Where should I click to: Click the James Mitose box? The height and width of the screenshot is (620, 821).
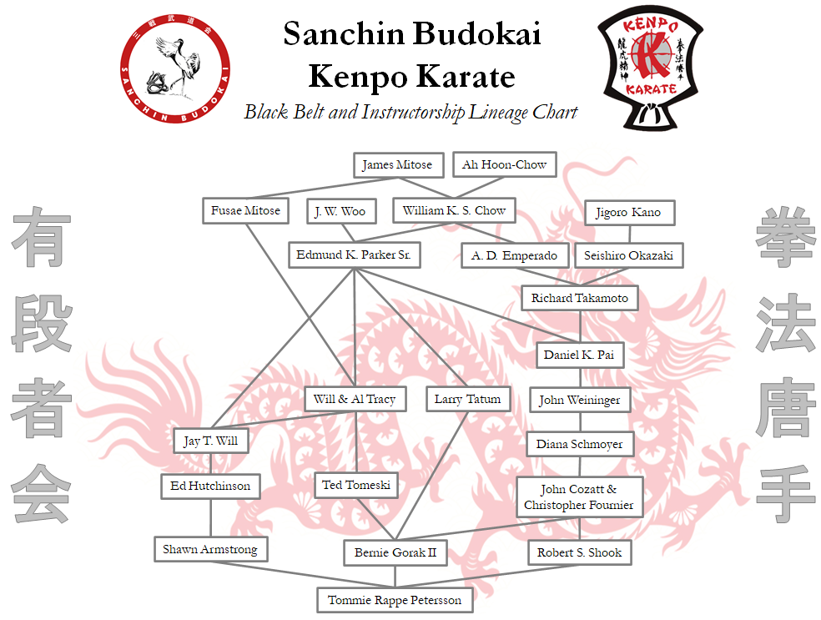(x=397, y=165)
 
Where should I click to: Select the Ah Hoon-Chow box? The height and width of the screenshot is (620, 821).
(x=504, y=165)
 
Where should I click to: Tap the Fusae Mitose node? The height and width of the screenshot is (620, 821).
(x=245, y=211)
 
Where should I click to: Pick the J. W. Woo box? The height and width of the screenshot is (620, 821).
(x=340, y=212)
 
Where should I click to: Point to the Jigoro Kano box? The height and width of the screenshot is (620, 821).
(x=628, y=213)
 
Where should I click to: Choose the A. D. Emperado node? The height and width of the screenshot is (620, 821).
(x=515, y=255)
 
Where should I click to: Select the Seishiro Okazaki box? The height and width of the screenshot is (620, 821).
(x=628, y=255)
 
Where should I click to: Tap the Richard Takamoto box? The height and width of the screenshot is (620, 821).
(x=580, y=299)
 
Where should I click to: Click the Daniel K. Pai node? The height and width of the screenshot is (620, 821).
(x=580, y=355)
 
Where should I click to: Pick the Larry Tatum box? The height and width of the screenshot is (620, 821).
(x=467, y=400)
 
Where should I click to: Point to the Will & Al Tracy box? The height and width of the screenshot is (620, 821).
(x=355, y=400)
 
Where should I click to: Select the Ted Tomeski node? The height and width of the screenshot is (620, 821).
(x=356, y=486)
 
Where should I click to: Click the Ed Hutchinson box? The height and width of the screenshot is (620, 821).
(x=210, y=486)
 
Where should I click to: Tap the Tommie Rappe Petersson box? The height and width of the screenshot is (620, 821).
(x=395, y=600)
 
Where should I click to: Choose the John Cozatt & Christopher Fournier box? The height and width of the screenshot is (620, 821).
(x=579, y=497)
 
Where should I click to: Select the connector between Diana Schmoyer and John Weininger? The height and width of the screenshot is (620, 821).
(x=580, y=422)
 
